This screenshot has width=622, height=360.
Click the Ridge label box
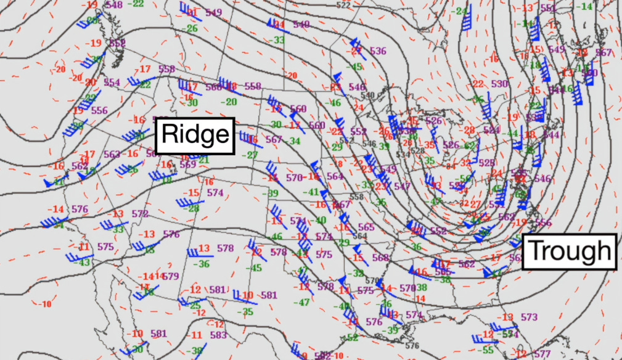pyautogui.click(x=195, y=136)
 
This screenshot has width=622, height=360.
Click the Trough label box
pyautogui.click(x=570, y=252)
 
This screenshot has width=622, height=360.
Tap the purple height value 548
pyautogui.click(x=114, y=5)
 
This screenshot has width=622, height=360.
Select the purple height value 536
pyautogui.click(x=378, y=51)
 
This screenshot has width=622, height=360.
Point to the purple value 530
pyautogui.click(x=500, y=84)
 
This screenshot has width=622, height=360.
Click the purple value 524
pyautogui.click(x=491, y=130)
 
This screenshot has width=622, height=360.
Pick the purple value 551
pyautogui.click(x=548, y=9)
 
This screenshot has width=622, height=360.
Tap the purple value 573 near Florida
pyautogui.click(x=529, y=317)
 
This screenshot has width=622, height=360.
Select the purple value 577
pyautogui.click(x=542, y=354)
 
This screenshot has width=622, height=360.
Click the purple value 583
pyautogui.click(x=218, y=335)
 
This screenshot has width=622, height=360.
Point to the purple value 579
pyautogui.click(x=171, y=276)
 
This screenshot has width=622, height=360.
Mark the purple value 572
pyautogui.click(x=140, y=214)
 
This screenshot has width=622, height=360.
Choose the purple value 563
pyautogui.click(x=112, y=155)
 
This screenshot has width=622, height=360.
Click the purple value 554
pyautogui.click(x=112, y=83)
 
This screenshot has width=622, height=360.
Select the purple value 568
pyautogui.click(x=380, y=258)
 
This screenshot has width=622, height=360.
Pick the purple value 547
pyautogui.click(x=402, y=186)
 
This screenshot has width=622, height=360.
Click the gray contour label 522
pyautogui.click(x=343, y=5)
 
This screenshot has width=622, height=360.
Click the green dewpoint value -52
pyautogui.click(x=352, y=337)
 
